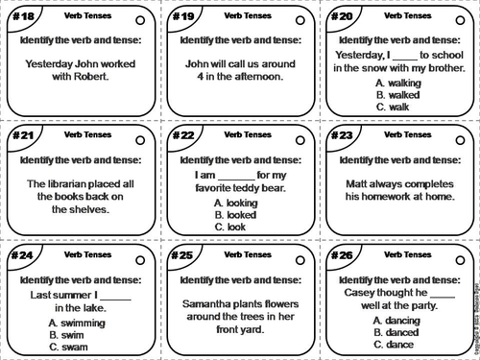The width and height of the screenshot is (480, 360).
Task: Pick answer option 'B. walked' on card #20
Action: pyautogui.click(x=398, y=95)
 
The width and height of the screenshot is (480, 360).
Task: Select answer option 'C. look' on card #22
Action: pyautogui.click(x=232, y=227)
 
